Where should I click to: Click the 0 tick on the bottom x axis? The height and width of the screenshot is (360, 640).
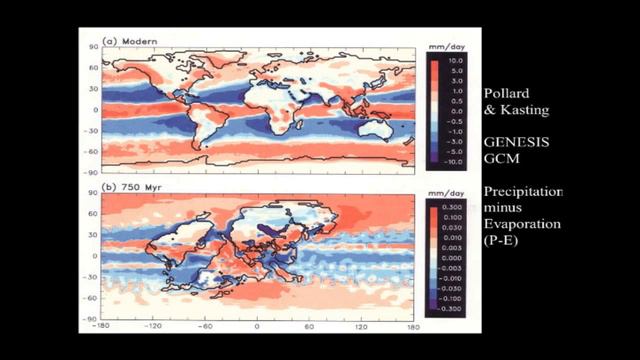coord(257,327)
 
